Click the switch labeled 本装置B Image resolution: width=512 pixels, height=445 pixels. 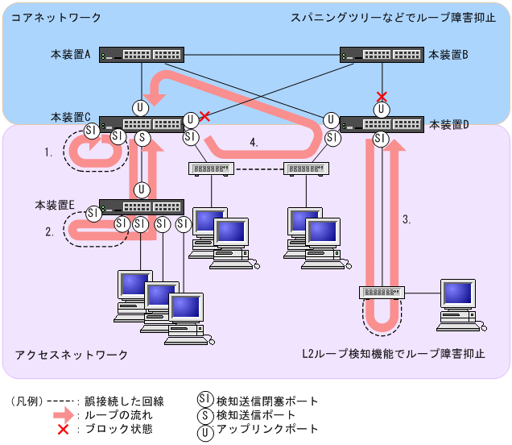coord(381,56)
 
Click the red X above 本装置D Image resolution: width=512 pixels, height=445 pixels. coord(382,97)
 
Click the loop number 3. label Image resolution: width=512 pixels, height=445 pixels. coord(407,218)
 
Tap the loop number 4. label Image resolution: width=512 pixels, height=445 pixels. coord(254,143)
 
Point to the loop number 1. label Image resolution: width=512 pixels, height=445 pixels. coord(49,151)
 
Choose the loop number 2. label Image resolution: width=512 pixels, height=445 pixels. coord(49,231)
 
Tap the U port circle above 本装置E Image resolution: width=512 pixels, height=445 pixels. coord(142,190)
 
